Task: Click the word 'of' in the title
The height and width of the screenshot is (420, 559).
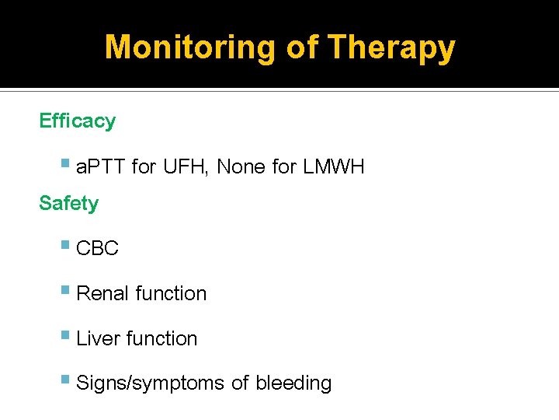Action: tap(303, 47)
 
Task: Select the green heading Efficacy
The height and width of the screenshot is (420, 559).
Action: tap(77, 121)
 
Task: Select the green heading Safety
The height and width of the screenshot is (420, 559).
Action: tap(68, 204)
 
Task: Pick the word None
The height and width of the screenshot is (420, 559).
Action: tap(242, 166)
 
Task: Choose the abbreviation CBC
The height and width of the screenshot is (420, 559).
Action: tap(98, 249)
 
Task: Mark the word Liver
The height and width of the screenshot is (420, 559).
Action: tap(99, 338)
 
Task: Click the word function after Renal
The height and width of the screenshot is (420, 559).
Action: tap(171, 293)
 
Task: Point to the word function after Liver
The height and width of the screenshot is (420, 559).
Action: tap(161, 338)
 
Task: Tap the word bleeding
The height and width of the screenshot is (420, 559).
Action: tap(293, 383)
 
